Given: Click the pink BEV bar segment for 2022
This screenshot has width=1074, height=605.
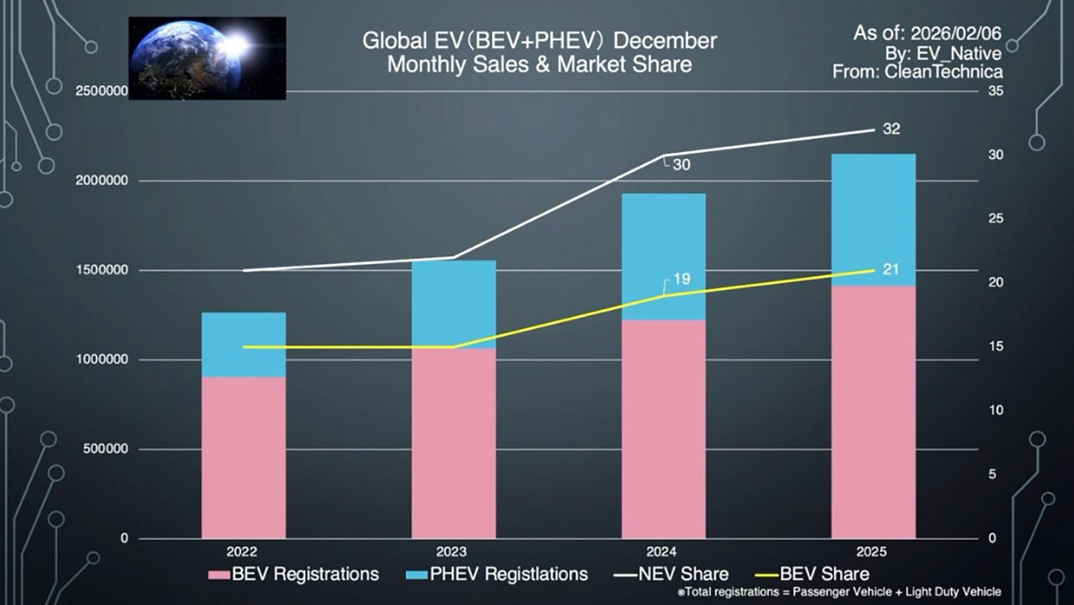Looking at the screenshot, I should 243,458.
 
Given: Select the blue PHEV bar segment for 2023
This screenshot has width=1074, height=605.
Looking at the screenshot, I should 453,304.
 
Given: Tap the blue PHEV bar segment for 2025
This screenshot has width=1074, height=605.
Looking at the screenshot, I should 873,220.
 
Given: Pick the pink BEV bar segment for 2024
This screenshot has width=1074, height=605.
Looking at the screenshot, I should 663,429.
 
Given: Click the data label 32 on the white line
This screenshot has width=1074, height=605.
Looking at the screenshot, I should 891,129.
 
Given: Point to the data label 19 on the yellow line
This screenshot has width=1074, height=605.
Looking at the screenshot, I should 682,279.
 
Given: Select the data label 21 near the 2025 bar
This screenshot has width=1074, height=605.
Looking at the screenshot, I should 890,269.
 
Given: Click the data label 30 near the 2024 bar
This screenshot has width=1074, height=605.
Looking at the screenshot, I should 682,165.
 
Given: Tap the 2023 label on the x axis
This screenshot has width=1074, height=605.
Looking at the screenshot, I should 451,551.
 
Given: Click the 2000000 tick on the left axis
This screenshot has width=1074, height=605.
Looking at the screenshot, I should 102,180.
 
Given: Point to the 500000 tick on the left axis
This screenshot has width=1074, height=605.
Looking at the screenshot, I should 105,449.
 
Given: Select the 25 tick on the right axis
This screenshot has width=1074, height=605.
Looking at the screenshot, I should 995,218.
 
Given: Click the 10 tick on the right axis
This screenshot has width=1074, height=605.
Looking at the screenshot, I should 995,410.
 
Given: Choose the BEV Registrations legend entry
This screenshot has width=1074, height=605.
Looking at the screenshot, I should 294,574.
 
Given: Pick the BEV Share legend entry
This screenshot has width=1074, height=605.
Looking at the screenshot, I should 813,574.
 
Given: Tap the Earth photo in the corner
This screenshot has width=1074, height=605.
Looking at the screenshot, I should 207,58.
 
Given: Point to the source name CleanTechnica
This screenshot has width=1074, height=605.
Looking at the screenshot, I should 943,72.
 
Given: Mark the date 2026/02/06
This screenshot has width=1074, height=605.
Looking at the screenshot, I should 955,33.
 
